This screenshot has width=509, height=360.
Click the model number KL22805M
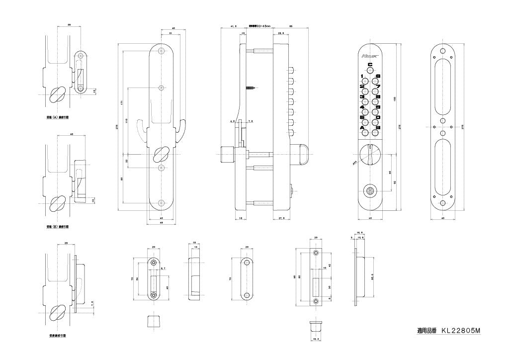point(461,330)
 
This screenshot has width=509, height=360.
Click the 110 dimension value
point(127,121)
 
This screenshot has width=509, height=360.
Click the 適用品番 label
point(426,330)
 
